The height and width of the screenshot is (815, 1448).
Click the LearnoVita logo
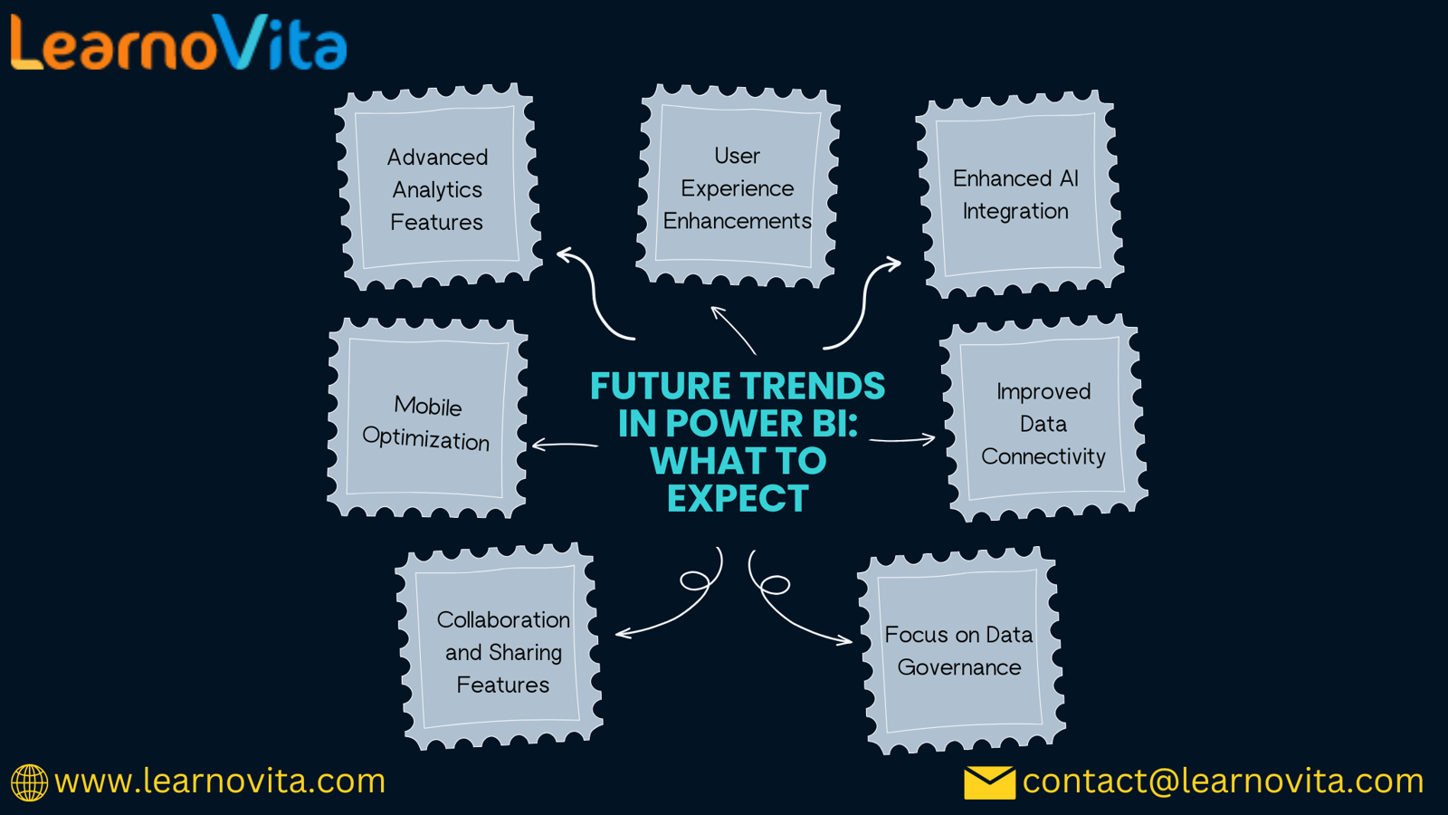(x=179, y=43)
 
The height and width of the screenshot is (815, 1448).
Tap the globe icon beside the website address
(x=29, y=782)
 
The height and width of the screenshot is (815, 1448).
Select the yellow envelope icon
(x=989, y=782)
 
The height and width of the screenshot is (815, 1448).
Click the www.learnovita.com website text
(x=220, y=781)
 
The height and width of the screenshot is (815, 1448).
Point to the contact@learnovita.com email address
(x=1223, y=781)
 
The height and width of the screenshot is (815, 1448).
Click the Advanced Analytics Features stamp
(x=438, y=187)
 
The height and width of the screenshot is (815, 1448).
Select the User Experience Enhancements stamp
(x=737, y=187)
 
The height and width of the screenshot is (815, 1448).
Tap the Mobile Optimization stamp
(x=426, y=417)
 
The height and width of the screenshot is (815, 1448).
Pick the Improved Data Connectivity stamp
(x=1043, y=419)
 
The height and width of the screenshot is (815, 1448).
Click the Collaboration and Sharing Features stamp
(x=499, y=647)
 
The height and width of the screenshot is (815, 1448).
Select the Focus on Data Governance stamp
(x=960, y=651)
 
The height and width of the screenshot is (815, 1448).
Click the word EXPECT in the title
(x=738, y=498)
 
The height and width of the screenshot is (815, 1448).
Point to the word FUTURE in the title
(x=661, y=386)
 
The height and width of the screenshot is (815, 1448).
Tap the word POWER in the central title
(x=725, y=424)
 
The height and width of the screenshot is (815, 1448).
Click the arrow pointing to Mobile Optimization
(x=565, y=445)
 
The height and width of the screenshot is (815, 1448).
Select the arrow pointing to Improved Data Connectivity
(x=902, y=440)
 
